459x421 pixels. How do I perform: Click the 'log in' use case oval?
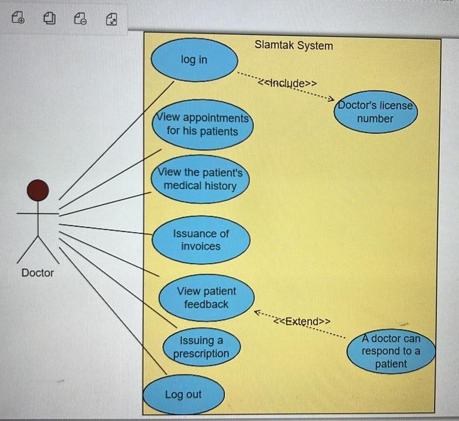click(194, 60)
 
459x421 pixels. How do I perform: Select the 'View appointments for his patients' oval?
click(202, 125)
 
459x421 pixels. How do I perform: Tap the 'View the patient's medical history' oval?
click(200, 180)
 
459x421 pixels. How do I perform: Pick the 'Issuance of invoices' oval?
click(201, 240)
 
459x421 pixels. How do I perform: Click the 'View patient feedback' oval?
click(206, 298)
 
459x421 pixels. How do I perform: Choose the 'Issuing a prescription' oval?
click(201, 347)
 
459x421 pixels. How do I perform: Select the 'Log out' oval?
click(183, 394)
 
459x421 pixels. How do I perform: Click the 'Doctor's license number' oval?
click(375, 112)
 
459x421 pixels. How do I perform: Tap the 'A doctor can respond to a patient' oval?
click(391, 351)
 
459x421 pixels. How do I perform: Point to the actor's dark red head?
click(38, 190)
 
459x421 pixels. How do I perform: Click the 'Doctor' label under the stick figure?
click(37, 272)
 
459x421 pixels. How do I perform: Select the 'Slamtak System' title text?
click(294, 45)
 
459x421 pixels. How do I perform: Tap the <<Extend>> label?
click(302, 321)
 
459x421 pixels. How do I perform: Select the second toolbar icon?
click(50, 19)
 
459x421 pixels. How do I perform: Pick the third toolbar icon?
click(80, 19)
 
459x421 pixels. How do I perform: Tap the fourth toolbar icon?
click(111, 19)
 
